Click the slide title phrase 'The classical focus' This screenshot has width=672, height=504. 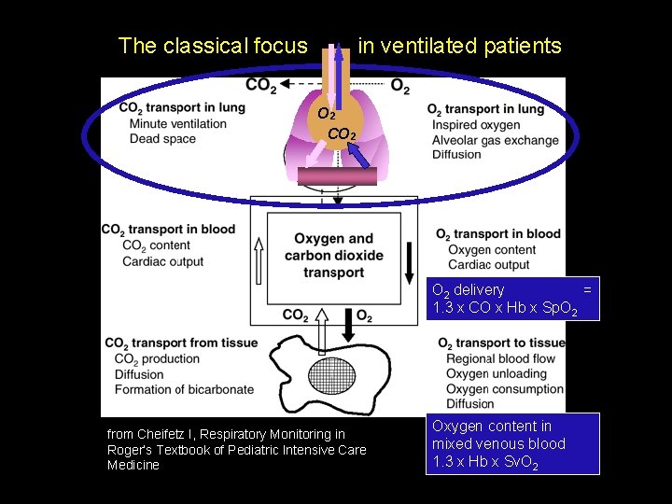213,46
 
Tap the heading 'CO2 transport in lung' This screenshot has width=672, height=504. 182,107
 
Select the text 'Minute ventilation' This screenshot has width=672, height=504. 178,123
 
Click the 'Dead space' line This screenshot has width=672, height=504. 163,138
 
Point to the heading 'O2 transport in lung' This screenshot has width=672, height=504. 485,109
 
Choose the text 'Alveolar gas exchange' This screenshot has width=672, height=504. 495,140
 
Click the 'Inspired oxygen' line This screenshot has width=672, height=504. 476,125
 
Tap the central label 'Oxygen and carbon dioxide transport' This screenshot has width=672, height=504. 333,256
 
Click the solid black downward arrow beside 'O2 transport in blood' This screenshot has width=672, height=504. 410,261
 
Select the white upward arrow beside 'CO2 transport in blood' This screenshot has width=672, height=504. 259,259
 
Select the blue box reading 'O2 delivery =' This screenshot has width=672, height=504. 512,299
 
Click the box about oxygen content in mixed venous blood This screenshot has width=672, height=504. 512,443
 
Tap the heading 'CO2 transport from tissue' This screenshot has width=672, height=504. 181,343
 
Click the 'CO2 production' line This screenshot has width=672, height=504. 157,359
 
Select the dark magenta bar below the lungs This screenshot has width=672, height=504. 338,176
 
